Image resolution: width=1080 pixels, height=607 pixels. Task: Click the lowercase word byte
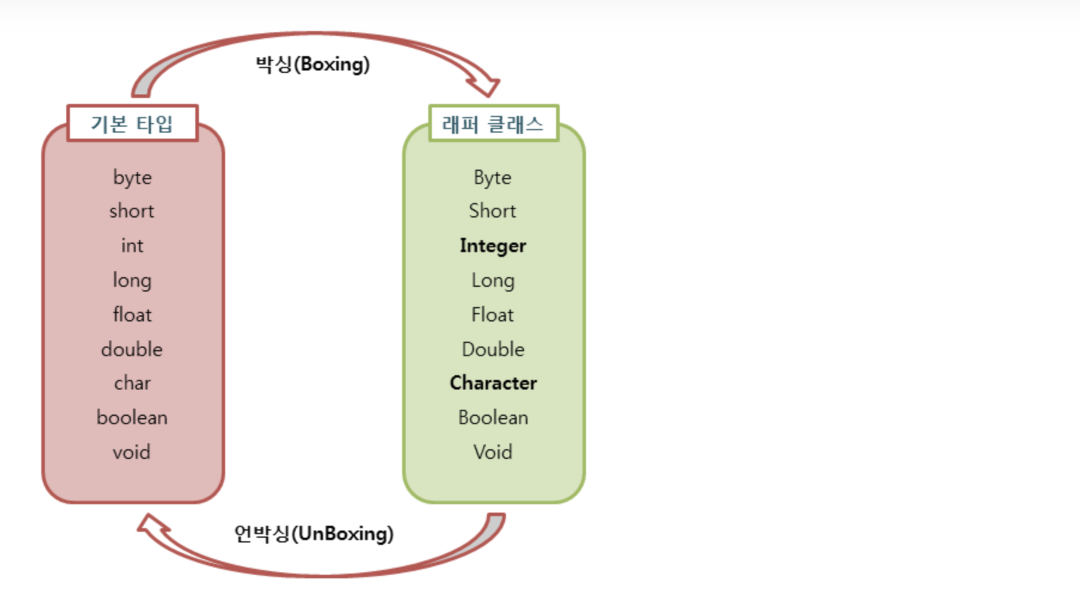pyautogui.click(x=132, y=177)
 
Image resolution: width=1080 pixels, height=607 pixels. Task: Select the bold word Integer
pyautogui.click(x=493, y=246)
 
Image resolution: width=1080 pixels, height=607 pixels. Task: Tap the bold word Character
pyautogui.click(x=493, y=383)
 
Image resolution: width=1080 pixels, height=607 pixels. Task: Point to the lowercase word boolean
pyautogui.click(x=132, y=418)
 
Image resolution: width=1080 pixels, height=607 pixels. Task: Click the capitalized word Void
pyautogui.click(x=493, y=452)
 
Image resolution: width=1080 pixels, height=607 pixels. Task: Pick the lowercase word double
pyautogui.click(x=132, y=350)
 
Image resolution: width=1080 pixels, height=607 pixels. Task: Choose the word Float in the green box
pyautogui.click(x=493, y=315)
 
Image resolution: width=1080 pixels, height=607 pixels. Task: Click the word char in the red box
pyautogui.click(x=132, y=383)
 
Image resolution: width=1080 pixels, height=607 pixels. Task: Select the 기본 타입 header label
pyautogui.click(x=132, y=124)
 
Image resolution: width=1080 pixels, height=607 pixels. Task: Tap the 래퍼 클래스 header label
pyautogui.click(x=493, y=124)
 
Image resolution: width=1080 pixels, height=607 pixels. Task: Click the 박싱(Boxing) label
pyautogui.click(x=312, y=64)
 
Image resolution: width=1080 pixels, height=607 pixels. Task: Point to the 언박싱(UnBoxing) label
pyautogui.click(x=314, y=534)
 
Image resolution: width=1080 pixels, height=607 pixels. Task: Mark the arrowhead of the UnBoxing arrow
pyautogui.click(x=151, y=526)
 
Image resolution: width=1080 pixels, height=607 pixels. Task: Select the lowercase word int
pyautogui.click(x=132, y=246)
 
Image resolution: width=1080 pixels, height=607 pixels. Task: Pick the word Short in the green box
pyautogui.click(x=493, y=211)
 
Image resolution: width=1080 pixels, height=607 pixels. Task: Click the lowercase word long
pyautogui.click(x=132, y=280)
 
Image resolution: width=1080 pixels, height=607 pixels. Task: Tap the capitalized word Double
pyautogui.click(x=493, y=350)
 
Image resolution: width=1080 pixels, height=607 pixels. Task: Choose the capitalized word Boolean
pyautogui.click(x=493, y=418)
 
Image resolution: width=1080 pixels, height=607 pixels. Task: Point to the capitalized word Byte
pyautogui.click(x=493, y=177)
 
